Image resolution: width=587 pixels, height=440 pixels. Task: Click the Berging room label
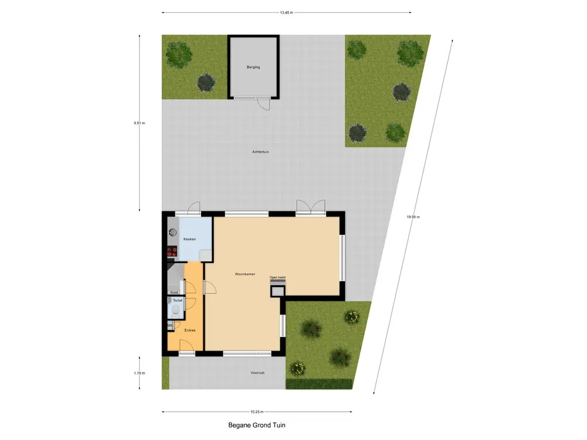coord(253,67)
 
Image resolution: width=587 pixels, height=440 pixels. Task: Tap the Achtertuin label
coord(260,152)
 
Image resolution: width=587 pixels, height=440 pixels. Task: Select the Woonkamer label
coord(245,274)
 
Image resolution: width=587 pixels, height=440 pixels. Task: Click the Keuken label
coord(189,239)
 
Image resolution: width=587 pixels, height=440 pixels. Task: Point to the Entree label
coord(190,331)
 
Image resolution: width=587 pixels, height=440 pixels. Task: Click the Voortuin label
coord(257,373)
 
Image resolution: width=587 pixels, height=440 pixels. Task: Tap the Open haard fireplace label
coord(278,278)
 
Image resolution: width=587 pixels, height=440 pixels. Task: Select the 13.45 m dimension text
coord(287,12)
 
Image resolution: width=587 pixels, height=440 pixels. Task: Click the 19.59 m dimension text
coord(413,217)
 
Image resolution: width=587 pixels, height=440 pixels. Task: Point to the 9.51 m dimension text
coord(139,123)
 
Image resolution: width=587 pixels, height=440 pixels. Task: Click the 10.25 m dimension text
coord(256,411)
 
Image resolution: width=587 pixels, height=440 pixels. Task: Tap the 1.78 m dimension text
coord(139,373)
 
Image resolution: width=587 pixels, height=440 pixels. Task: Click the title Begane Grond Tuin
coord(256,425)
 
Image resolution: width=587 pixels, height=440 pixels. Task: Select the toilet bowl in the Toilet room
coord(174,312)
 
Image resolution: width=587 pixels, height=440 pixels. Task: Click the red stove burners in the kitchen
coord(171,251)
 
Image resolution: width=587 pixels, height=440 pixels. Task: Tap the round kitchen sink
coord(171,233)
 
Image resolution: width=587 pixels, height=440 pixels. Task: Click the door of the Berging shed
coord(263,104)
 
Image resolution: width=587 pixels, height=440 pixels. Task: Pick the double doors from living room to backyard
coord(310,207)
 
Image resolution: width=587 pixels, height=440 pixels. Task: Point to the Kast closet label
coord(174,292)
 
